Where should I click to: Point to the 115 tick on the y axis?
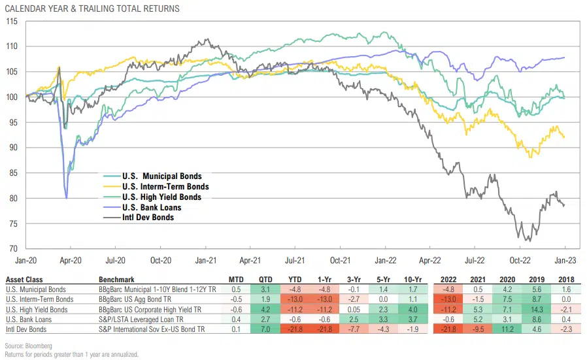[x=12, y=21]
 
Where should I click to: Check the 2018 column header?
[x=565, y=278]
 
